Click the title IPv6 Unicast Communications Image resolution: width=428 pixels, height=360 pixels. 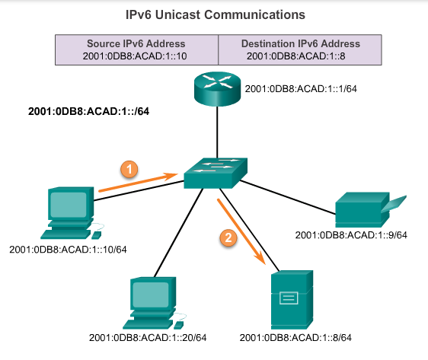point(214,14)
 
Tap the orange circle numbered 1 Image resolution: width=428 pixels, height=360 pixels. point(131,169)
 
